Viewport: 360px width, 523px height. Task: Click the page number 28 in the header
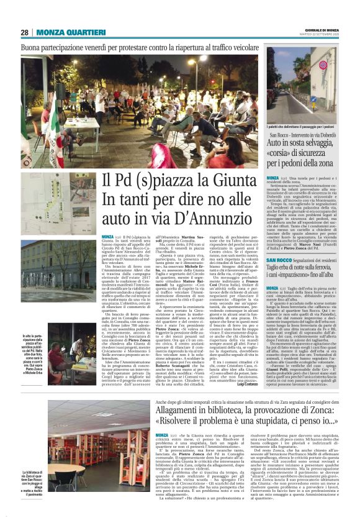[25, 32]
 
